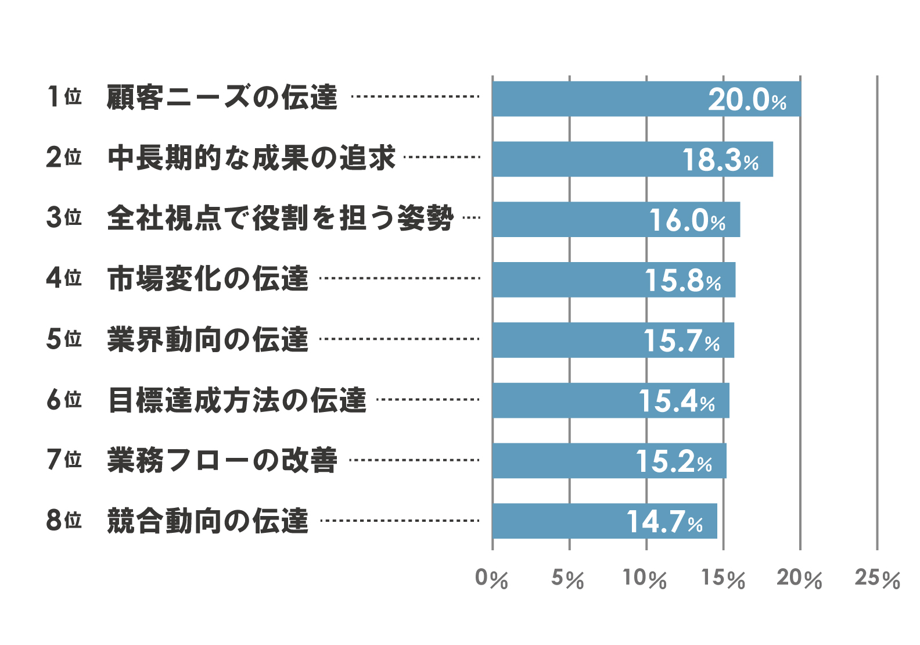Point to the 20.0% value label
[747, 99]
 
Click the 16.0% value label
[687, 220]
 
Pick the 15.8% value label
[683, 281]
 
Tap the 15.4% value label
[677, 401]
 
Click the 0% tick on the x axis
[491, 578]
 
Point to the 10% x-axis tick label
[645, 578]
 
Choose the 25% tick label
[877, 578]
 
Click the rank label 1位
[64, 96]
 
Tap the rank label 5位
[64, 339]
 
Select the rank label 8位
[64, 520]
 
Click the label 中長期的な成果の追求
[251, 157]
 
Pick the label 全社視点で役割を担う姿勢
[280, 218]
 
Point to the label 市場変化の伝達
[208, 278]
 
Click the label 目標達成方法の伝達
[237, 400]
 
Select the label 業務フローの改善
[222, 460]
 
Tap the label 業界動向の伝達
[208, 339]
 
